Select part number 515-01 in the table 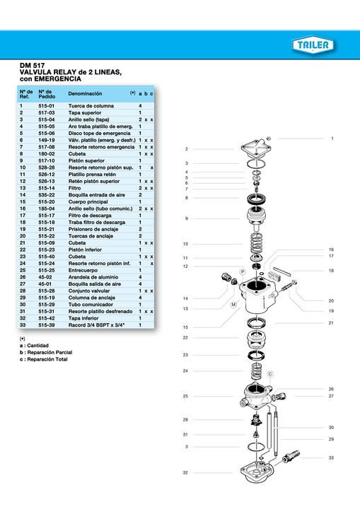click(47, 106)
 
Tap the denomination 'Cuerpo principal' click(89, 201)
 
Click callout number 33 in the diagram click(330, 458)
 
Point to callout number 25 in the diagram click(185, 396)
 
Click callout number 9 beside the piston click(186, 218)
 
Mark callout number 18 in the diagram click(330, 271)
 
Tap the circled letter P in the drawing click(242, 271)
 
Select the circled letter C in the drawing click(269, 373)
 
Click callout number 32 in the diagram click(185, 472)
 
